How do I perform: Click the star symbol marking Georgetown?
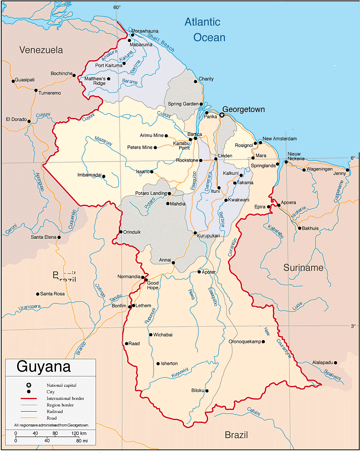click(222, 115)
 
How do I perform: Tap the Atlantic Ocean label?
click(205, 30)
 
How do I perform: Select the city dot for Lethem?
click(134, 306)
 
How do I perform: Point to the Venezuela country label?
click(41, 50)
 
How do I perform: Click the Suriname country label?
click(303, 268)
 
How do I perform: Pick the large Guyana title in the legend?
click(44, 366)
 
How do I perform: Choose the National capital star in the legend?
click(29, 385)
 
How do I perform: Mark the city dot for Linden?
click(216, 159)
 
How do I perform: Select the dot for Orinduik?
click(121, 232)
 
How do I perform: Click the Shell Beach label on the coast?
click(161, 42)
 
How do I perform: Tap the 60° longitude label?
click(116, 7)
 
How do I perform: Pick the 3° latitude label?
click(353, 326)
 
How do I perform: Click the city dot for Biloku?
click(207, 391)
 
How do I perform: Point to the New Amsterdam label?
click(280, 138)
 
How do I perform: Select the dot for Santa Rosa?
click(38, 294)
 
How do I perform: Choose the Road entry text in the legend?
click(52, 418)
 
